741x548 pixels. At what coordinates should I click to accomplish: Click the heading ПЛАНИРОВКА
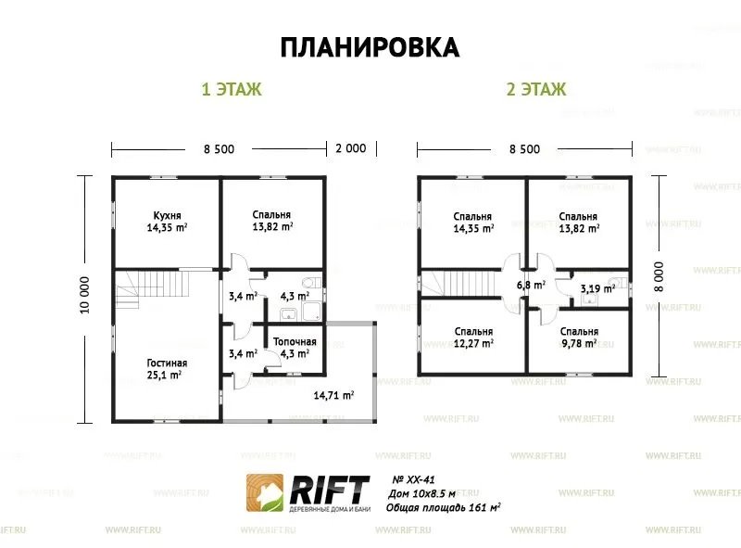tap(370, 47)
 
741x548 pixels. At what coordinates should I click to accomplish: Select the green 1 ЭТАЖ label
tap(232, 89)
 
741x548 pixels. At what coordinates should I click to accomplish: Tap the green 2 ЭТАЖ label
tap(536, 89)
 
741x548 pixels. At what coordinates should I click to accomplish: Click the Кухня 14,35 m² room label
tap(167, 222)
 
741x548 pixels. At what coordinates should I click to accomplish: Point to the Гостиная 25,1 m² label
tap(167, 369)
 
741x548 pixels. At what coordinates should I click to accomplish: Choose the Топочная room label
tap(295, 341)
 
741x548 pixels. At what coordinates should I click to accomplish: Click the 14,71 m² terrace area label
tap(334, 395)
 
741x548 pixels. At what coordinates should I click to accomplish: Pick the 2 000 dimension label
tap(351, 148)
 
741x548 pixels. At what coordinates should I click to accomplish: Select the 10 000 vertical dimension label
tap(84, 295)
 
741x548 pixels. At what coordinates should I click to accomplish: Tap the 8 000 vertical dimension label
tap(659, 277)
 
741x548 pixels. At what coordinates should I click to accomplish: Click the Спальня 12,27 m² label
tap(473, 338)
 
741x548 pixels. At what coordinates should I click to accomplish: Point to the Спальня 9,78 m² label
tap(580, 338)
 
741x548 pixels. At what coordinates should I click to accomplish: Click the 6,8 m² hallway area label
tap(531, 285)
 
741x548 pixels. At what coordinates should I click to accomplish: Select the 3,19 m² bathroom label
tap(597, 288)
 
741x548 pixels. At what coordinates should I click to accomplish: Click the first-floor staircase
tap(152, 288)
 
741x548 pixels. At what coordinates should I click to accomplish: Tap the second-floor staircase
tap(458, 283)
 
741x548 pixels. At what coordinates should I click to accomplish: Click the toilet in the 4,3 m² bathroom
tap(311, 283)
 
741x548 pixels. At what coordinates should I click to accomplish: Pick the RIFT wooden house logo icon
tap(265, 492)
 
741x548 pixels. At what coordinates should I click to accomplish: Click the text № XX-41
tap(413, 480)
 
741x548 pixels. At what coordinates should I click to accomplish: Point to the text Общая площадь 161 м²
tap(444, 508)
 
